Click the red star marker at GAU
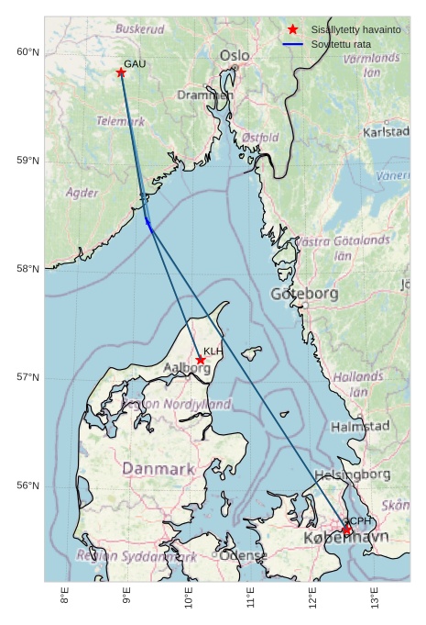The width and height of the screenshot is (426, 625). click(121, 73)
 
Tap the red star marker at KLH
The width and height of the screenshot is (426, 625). click(201, 360)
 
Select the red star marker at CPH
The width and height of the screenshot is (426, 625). click(347, 530)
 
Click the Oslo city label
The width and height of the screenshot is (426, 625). click(235, 56)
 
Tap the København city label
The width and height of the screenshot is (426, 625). click(345, 537)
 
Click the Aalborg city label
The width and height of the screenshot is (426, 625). click(187, 368)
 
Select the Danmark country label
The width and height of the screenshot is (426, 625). click(158, 469)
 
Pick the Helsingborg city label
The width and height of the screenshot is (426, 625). click(352, 474)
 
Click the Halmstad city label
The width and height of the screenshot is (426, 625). click(360, 427)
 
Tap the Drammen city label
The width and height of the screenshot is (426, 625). click(205, 95)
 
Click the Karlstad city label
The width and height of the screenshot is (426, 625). click(386, 131)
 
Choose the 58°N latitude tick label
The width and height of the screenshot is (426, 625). click(28, 269)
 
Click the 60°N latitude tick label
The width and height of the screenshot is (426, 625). click(28, 52)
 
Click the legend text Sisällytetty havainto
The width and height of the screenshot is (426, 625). click(355, 30)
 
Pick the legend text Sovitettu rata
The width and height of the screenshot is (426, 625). click(341, 44)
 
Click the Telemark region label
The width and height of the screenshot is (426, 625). click(121, 120)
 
